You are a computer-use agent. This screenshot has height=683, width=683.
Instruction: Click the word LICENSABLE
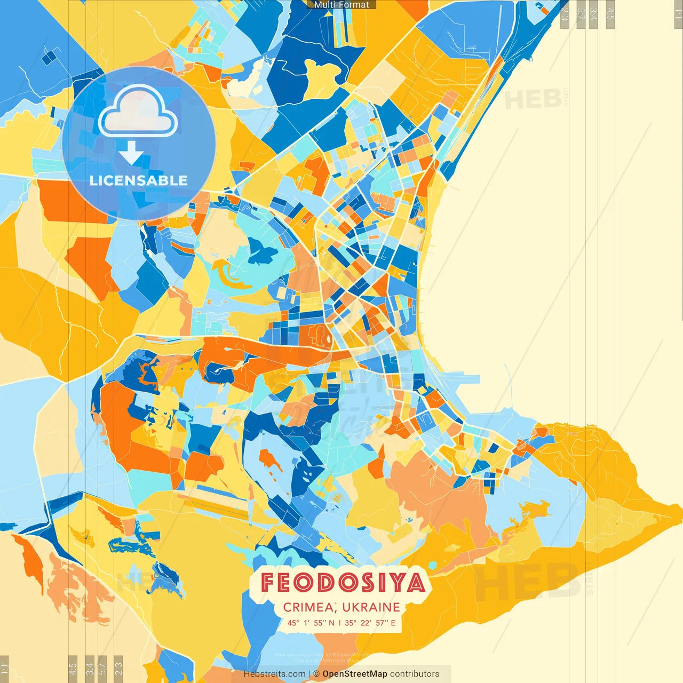click(139, 180)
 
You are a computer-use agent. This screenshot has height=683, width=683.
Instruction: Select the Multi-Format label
click(341, 5)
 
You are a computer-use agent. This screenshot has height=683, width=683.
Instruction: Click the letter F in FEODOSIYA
click(269, 583)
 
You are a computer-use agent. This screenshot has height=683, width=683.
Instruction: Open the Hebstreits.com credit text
click(274, 674)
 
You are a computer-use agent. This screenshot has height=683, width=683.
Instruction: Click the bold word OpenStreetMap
click(355, 674)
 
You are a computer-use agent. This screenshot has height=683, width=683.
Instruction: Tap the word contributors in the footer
click(415, 674)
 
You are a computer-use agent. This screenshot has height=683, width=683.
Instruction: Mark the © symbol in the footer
click(316, 674)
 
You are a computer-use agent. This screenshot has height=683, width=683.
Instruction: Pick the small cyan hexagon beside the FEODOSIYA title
click(432, 565)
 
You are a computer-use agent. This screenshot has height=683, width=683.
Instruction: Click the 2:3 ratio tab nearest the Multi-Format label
click(565, 13)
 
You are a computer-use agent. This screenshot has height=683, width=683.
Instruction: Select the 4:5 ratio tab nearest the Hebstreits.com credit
click(73, 668)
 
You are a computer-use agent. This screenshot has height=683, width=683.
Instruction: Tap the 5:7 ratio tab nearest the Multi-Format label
click(580, 13)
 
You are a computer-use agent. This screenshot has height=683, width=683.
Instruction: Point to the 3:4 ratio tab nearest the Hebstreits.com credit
click(90, 668)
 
